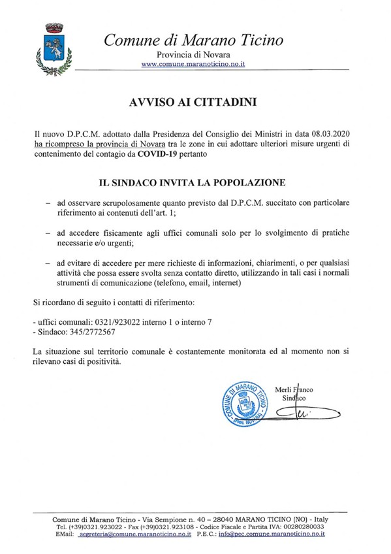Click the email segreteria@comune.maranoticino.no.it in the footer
[134, 534]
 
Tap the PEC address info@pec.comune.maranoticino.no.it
[274, 534]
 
